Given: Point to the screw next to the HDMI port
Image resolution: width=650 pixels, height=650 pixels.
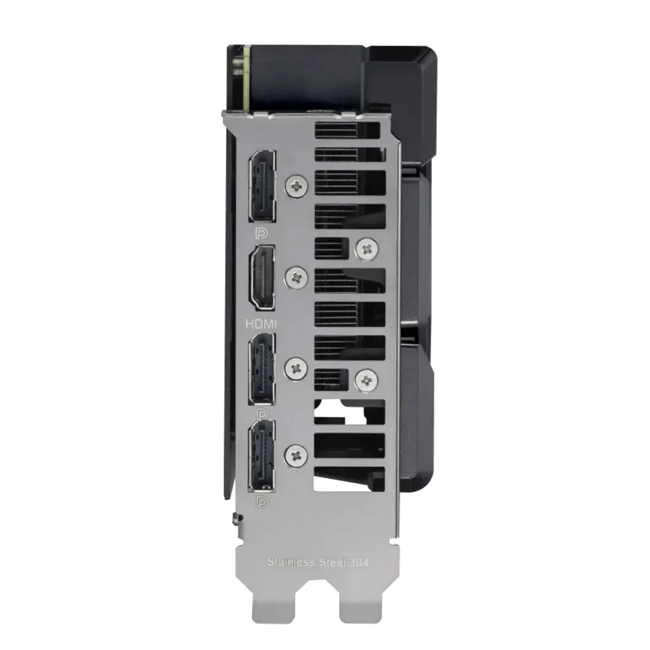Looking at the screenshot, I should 296,276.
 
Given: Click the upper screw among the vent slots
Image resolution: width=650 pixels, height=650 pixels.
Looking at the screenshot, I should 366,249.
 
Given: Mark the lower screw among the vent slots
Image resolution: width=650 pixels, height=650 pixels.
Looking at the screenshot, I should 366,379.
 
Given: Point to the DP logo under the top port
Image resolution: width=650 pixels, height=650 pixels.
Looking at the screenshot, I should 261,233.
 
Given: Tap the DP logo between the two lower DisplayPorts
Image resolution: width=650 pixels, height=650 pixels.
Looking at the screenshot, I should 261,413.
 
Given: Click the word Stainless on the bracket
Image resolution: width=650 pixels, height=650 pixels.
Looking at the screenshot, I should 288,561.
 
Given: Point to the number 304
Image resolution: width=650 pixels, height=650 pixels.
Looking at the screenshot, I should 369,561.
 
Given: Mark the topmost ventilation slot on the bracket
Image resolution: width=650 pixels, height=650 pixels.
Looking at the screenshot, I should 350,130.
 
